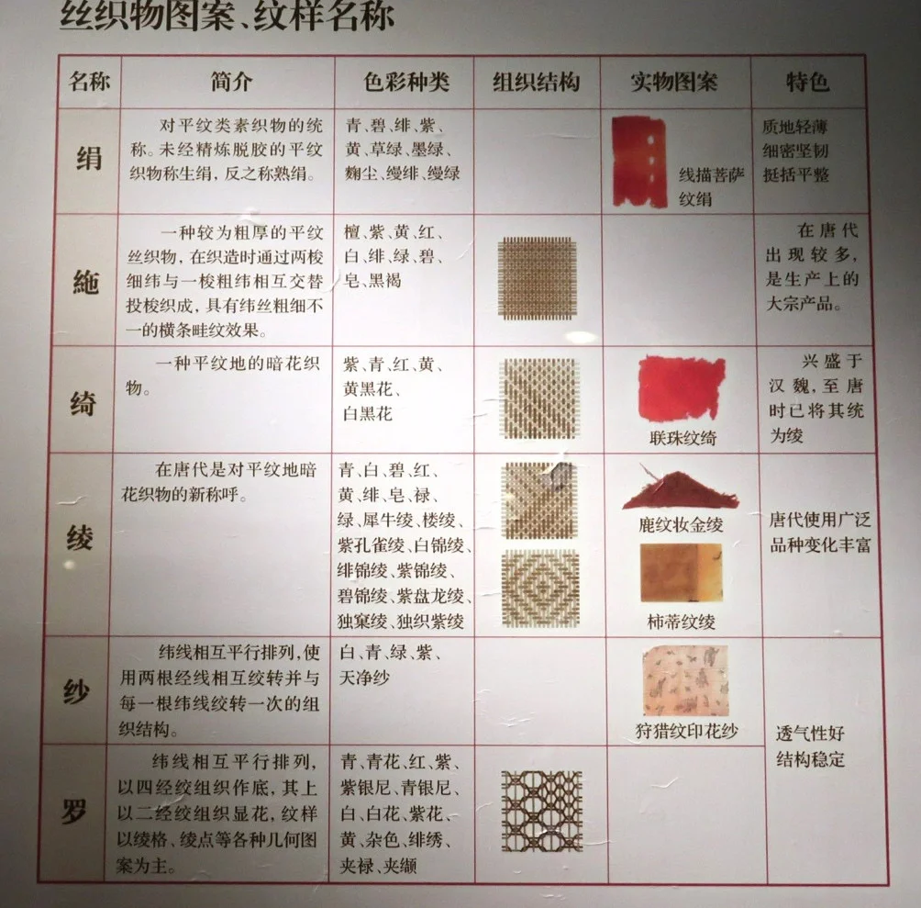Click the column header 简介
coord(231,82)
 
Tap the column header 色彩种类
coord(406,82)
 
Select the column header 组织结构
coord(537,82)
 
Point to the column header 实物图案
coord(674,82)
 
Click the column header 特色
coord(807,82)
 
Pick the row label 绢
coord(89,158)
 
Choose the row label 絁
coord(85,282)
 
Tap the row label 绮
coord(83,403)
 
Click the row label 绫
coord(79,537)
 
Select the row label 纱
coord(76,691)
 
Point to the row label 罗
coord(74,812)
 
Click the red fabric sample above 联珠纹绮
coord(682,387)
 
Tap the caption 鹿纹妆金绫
coord(681,524)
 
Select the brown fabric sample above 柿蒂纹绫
coord(681,572)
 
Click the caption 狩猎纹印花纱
coord(687,731)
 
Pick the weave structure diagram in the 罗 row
coord(541,811)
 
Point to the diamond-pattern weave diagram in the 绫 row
coord(540,589)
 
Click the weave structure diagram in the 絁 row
coord(537,278)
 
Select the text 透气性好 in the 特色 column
coord(810,733)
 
